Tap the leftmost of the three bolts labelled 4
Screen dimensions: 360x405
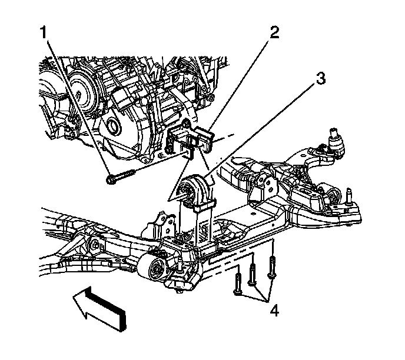tap(237, 282)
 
